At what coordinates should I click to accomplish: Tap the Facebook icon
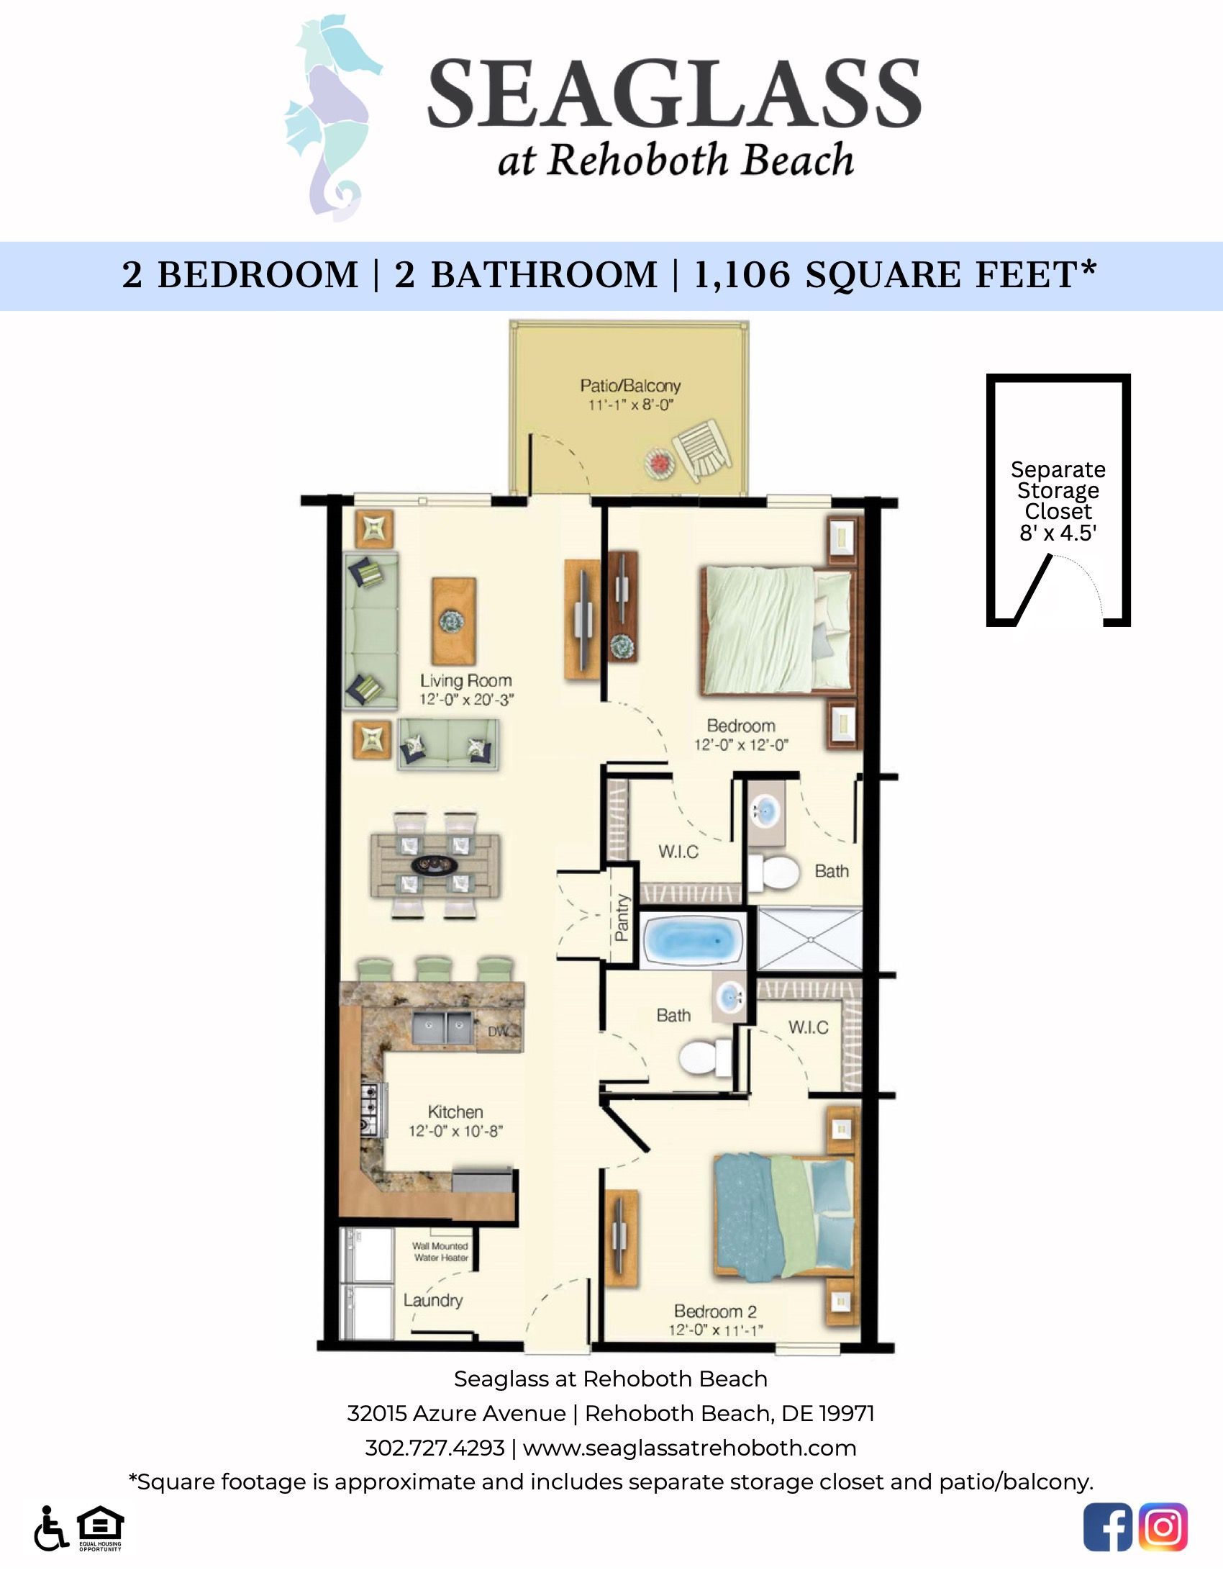pos(1107,1527)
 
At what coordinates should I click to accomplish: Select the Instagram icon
pos(1163,1527)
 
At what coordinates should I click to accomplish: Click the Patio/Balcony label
pos(629,386)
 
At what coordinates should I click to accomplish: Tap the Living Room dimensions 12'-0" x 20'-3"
pos(466,700)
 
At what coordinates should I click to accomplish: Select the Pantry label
pos(622,919)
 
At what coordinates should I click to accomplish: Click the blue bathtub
pos(692,940)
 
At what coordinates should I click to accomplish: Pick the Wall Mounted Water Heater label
pos(440,1252)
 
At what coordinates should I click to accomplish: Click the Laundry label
pos(432,1300)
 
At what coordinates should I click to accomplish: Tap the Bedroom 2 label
pos(715,1311)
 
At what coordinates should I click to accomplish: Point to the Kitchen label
pos(455,1112)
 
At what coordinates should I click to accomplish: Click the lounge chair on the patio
pos(700,451)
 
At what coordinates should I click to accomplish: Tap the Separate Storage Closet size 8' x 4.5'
pos(1058,533)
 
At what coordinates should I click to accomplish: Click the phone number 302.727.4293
pos(435,1448)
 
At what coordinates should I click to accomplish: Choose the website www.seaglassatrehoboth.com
pos(689,1448)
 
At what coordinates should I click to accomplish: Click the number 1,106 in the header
pos(742,276)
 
